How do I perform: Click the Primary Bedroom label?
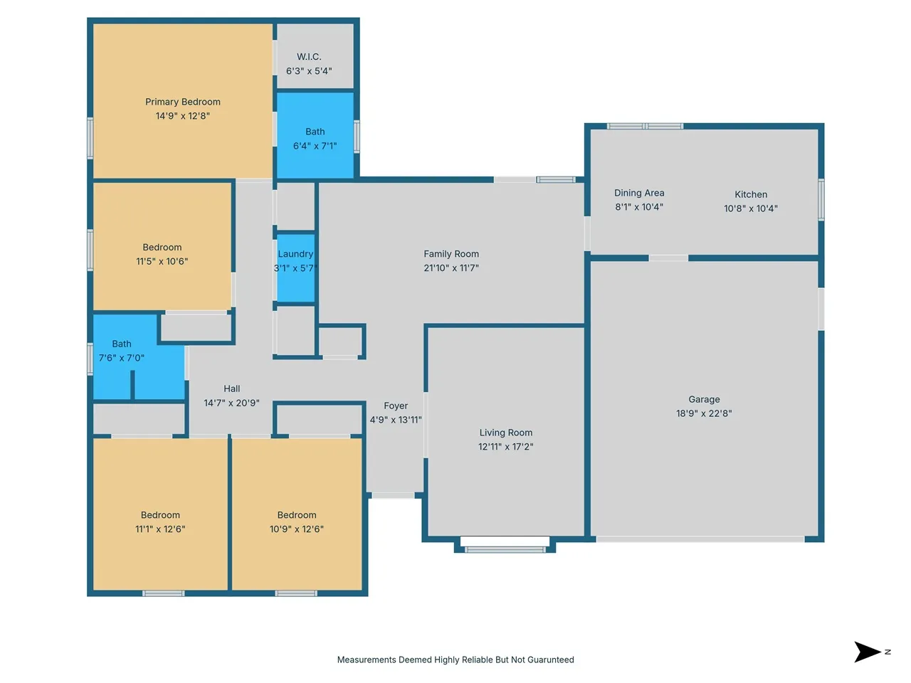tap(183, 102)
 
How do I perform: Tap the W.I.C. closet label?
tap(309, 57)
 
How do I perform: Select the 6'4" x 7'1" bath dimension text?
tap(315, 146)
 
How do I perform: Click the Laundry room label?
tap(295, 254)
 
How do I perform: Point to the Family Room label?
tap(451, 254)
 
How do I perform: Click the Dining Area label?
tap(639, 193)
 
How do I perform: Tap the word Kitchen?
tap(751, 194)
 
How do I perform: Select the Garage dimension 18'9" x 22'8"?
tap(704, 413)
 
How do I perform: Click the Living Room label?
tap(506, 433)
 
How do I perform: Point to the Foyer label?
tap(396, 406)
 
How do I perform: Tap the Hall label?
tap(231, 388)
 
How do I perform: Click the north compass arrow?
tap(867, 652)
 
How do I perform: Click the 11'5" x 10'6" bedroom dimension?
tap(162, 261)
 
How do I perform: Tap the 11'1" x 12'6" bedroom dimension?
tap(160, 529)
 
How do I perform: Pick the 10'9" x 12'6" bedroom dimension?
tap(296, 529)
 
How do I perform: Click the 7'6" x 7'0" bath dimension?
tap(121, 358)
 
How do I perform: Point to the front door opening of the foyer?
tap(393, 496)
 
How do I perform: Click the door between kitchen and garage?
tap(668, 258)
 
